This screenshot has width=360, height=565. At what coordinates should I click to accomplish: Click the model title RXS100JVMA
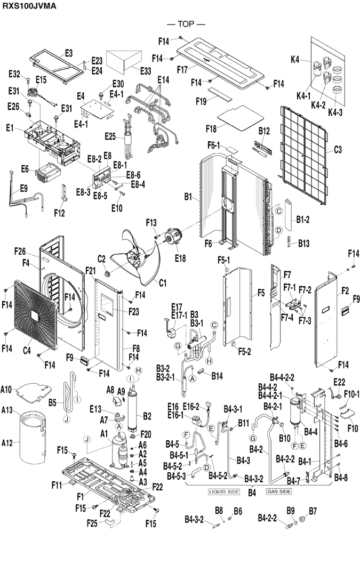pos(28,6)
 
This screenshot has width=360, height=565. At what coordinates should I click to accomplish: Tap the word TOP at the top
pos(186,24)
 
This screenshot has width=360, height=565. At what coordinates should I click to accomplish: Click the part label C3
pos(338,150)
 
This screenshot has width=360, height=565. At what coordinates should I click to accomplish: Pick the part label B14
pos(217,376)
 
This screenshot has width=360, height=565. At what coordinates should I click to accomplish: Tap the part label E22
pos(340,382)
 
